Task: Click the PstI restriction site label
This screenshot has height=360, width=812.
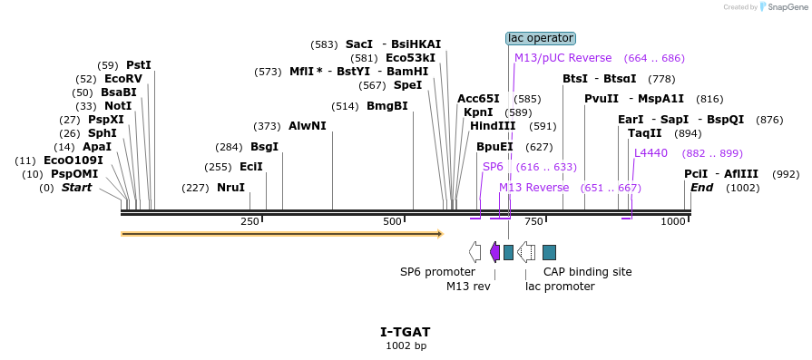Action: coord(139,65)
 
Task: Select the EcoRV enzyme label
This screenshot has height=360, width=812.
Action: coord(123,79)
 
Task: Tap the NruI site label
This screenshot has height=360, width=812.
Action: coord(231,187)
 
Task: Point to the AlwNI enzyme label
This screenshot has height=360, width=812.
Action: coord(308,126)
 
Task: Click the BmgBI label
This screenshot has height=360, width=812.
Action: coord(387,107)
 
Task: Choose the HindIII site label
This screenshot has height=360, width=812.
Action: coord(493,126)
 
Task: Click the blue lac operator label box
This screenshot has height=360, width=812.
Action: coord(541,38)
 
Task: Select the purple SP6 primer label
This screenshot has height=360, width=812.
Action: coord(493,167)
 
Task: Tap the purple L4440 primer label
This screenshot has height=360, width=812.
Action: coord(651,153)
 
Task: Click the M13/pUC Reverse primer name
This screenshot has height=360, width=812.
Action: coord(563,58)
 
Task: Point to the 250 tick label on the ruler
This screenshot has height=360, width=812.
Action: coord(249,222)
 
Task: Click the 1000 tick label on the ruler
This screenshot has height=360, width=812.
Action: coord(673,222)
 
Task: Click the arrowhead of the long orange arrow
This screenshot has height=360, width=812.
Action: coord(441,234)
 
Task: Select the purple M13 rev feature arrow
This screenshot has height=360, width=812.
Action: coord(494,252)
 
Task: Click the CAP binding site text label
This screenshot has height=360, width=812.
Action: coord(587,271)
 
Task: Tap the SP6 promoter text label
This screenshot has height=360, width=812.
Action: coord(437,271)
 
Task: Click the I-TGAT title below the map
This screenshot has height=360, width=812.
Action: coord(406,332)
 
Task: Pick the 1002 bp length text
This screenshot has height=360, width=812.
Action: coord(406,345)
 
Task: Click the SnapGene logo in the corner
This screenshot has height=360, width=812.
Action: coord(785,6)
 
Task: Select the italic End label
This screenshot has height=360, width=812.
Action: coord(701,187)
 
